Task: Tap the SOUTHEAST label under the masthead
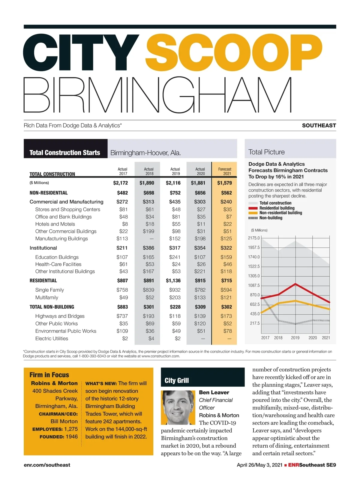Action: (x=319, y=125)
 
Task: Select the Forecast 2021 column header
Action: (x=225, y=171)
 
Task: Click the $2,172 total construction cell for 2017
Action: (x=120, y=183)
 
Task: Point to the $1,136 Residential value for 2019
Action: (x=173, y=280)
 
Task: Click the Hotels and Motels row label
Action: (x=55, y=224)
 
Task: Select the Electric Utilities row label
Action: (x=52, y=338)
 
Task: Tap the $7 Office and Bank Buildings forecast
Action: (x=229, y=217)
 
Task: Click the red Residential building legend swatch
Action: (x=253, y=208)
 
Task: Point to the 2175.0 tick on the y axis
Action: (x=254, y=238)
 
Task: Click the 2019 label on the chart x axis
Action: (x=295, y=338)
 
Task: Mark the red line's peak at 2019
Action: (x=296, y=283)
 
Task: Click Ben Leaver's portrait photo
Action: (x=178, y=407)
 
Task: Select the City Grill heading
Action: (x=177, y=380)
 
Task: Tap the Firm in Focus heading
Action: (x=49, y=375)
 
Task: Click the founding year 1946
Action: (x=71, y=436)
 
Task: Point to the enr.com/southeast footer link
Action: (x=47, y=465)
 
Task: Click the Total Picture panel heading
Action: (x=266, y=152)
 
